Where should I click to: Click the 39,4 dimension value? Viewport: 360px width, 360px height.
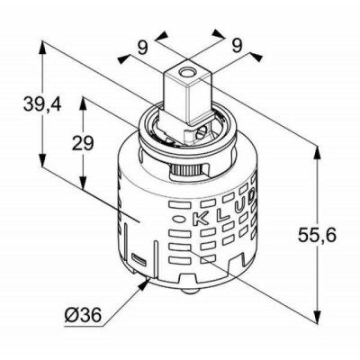click(42, 104)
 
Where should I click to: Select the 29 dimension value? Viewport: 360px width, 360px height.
click(83, 143)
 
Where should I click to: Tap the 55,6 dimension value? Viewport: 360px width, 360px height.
click(317, 235)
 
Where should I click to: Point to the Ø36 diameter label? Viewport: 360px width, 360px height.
click(83, 315)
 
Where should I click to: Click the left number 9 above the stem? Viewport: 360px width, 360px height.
click(143, 48)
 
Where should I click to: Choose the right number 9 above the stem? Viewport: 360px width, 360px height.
click(237, 46)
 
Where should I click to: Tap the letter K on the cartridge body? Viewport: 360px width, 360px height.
click(199, 219)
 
